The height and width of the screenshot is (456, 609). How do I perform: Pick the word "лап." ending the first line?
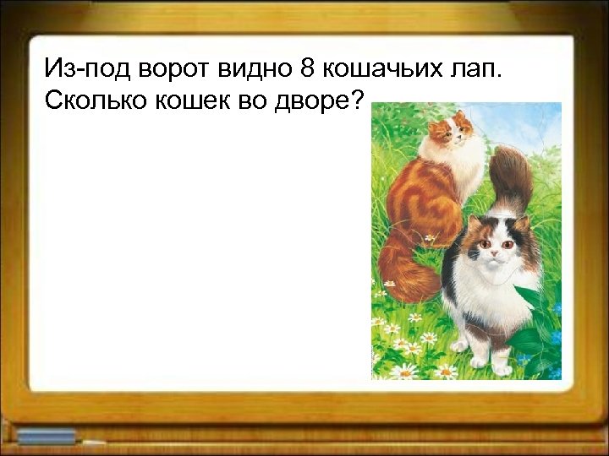475,68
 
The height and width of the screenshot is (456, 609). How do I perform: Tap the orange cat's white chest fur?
464,165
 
